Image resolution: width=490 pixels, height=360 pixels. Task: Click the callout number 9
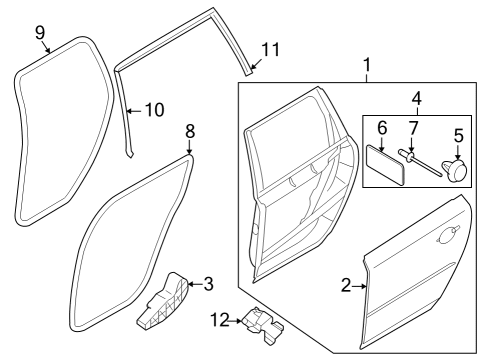pos(40,33)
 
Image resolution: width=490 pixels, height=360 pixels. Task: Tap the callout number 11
pos(270,50)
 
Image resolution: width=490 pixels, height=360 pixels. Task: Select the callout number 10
pos(155,110)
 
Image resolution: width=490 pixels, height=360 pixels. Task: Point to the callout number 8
pos(190,131)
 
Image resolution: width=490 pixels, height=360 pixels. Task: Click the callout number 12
pos(220,320)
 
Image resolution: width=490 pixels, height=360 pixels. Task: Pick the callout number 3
pos(208,284)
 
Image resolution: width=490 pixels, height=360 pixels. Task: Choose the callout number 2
pos(346,286)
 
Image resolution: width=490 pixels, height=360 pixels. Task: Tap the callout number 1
pos(367,65)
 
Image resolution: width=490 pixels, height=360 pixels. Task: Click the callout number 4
pos(417,99)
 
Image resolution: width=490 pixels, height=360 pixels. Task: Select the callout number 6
pos(382,128)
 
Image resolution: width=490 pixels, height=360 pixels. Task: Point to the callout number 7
pos(413,128)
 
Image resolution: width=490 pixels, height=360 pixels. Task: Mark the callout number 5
pos(459,136)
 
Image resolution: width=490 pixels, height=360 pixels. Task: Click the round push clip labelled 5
pos(455,170)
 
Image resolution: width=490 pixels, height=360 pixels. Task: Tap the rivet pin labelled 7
pos(420,164)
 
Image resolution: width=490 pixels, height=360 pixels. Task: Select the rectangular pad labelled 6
pos(386,164)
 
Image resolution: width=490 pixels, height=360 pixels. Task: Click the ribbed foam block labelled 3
pos(162,302)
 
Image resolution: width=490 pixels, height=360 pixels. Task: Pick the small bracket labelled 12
pos(262,324)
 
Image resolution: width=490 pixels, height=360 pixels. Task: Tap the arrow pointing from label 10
pos(135,111)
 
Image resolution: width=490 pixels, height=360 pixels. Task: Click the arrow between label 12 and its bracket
pos(236,321)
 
